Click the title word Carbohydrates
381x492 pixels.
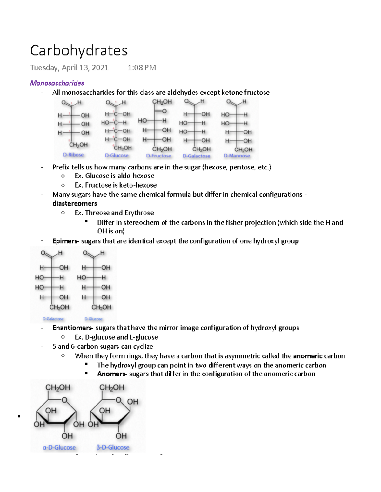tap(79, 51)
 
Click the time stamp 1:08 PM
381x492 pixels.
tap(142, 67)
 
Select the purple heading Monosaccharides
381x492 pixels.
tap(57, 83)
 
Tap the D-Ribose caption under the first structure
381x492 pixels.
tap(73, 155)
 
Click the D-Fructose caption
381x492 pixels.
tap(158, 156)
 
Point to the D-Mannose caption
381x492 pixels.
tap(237, 156)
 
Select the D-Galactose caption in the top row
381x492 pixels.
tap(196, 156)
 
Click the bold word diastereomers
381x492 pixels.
tap(75, 203)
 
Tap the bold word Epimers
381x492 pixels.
tap(65, 241)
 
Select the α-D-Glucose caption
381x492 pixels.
tap(59, 448)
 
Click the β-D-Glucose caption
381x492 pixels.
tap(113, 448)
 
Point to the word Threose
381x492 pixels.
tap(97, 213)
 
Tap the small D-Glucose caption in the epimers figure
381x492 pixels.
tap(93, 319)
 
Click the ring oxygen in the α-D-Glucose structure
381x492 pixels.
tap(64, 400)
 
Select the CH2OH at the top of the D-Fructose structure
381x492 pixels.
tap(162, 102)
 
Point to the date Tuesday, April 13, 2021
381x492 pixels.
tap(69, 67)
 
